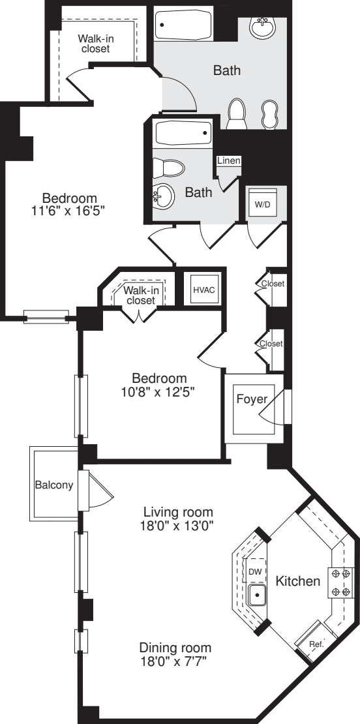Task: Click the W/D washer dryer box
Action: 263,204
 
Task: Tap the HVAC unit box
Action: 199,288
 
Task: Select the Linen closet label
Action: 229,161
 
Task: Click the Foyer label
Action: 247,399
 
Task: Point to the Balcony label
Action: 53,485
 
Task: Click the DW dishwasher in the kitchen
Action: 255,571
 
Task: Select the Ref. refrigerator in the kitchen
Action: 316,644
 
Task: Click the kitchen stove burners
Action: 339,582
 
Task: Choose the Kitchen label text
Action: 297,581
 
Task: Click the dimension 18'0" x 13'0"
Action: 179,524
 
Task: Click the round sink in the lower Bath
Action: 163,194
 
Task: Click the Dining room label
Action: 175,648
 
